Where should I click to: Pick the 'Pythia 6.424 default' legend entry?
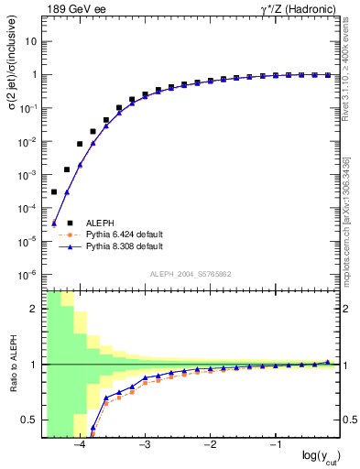coord(124,234)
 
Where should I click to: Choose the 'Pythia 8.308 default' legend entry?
coord(124,246)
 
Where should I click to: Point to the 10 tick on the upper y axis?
coord(31,41)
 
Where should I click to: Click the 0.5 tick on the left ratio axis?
coord(30,420)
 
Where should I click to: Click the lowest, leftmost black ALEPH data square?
coord(54,191)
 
